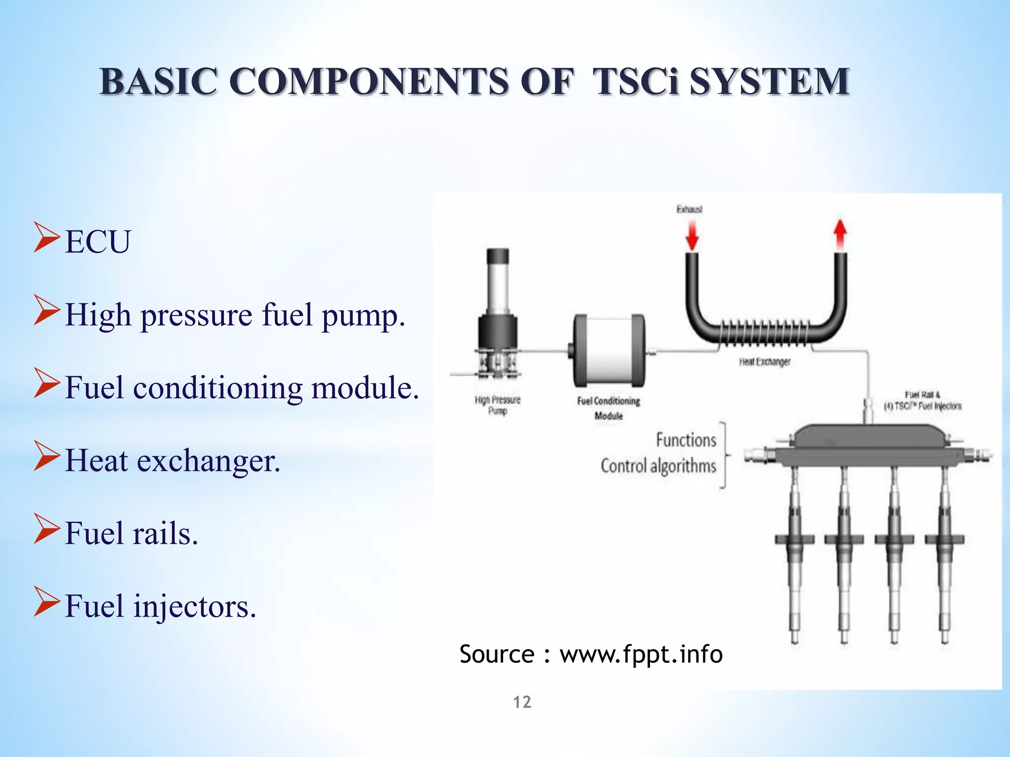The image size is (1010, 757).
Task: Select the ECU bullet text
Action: point(98,242)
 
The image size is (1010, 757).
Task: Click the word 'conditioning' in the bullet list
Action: point(217,388)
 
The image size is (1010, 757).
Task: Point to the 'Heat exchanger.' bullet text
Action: point(173,461)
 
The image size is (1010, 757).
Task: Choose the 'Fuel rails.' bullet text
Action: point(131,533)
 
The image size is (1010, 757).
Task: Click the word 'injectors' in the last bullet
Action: point(194,606)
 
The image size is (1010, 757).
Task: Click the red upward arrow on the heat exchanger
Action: point(840,234)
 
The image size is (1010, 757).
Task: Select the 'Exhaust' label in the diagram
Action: point(689,209)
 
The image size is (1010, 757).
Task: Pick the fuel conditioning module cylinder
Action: point(609,351)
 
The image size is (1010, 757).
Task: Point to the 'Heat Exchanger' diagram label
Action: point(764,362)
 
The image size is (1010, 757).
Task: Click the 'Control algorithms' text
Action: point(658,466)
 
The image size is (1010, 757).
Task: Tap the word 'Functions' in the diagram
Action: point(685,440)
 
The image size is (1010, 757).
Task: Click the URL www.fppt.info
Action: point(641,654)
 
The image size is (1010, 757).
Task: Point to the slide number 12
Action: point(522,702)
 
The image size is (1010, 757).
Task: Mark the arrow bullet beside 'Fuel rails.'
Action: point(47,528)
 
